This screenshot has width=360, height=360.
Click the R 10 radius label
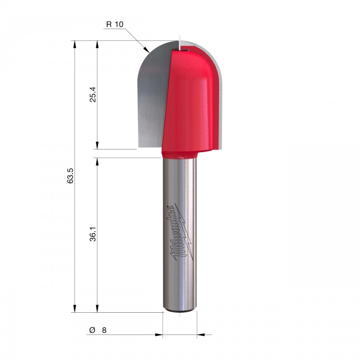point(115,24)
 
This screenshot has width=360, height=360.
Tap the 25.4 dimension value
point(93,94)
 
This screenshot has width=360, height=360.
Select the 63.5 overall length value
point(70,175)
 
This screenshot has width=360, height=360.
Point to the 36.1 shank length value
point(93,234)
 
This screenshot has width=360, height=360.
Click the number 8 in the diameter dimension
point(104,330)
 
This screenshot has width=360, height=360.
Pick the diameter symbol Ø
point(92,330)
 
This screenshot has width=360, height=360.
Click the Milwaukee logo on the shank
point(180,232)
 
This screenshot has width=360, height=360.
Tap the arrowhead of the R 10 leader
point(147,49)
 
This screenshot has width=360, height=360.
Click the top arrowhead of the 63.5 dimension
point(74,44)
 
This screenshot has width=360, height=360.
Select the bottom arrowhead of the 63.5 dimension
point(74,309)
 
